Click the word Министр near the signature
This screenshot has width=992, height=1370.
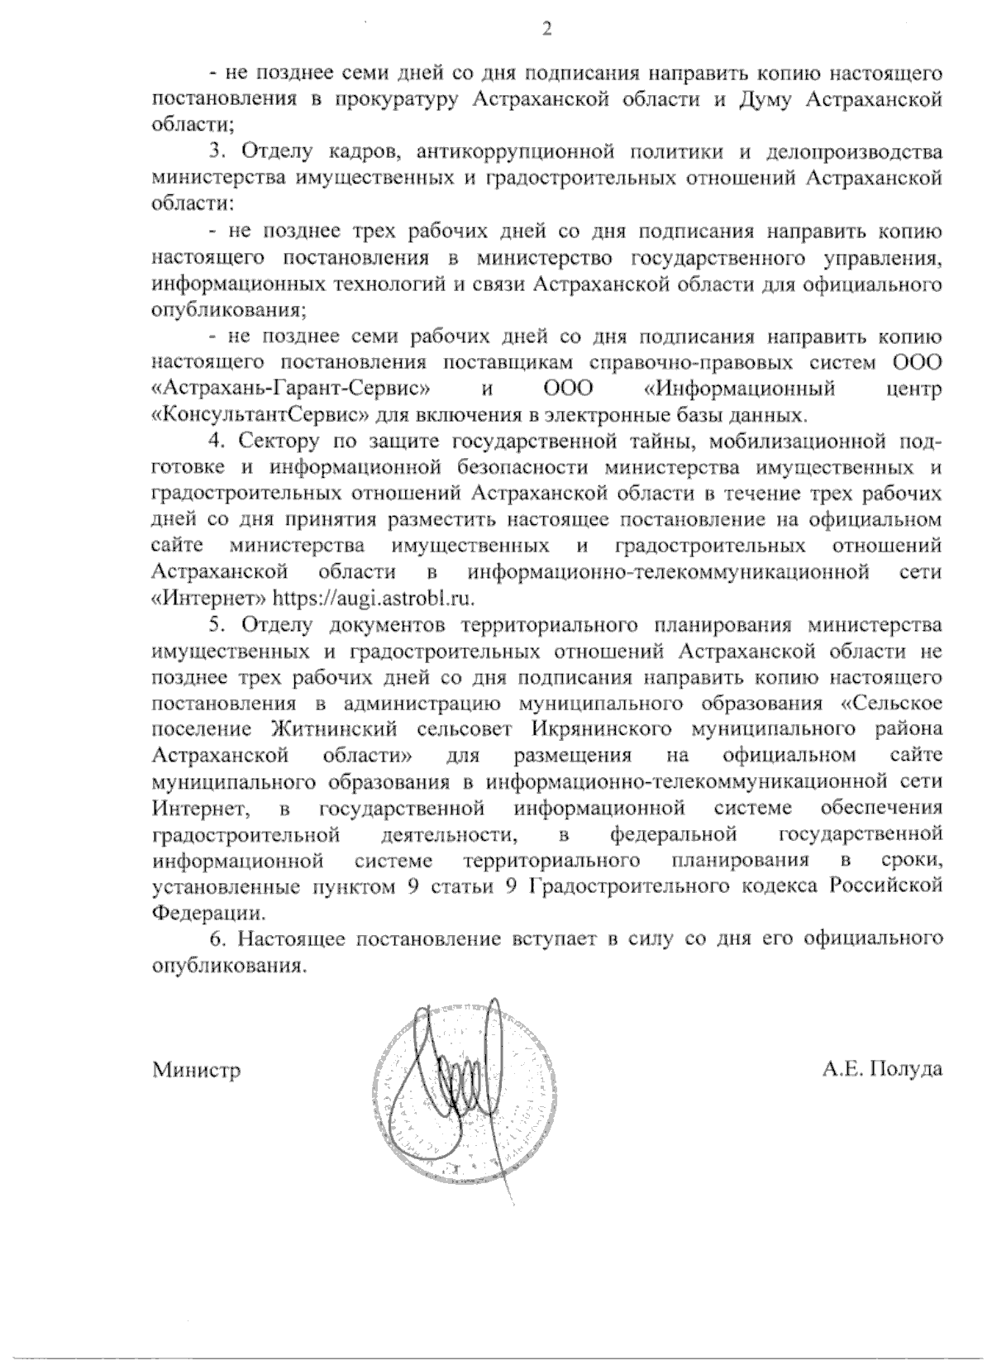coord(197,1070)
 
